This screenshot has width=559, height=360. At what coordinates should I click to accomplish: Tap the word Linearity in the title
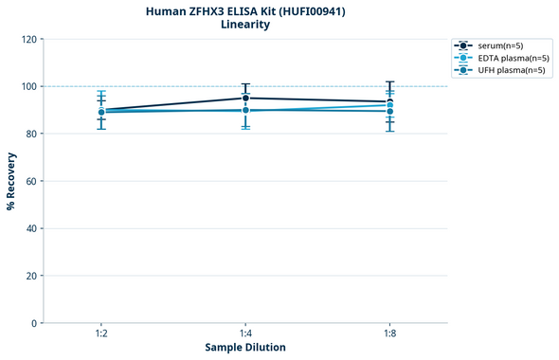pyautogui.click(x=245, y=25)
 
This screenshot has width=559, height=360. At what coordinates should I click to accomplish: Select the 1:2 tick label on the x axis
pyautogui.click(x=101, y=334)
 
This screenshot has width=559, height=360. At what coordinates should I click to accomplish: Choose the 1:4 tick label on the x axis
pyautogui.click(x=245, y=334)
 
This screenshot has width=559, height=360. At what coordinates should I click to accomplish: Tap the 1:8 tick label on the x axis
pyautogui.click(x=389, y=334)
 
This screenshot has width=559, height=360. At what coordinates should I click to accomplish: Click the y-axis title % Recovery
pyautogui.click(x=11, y=180)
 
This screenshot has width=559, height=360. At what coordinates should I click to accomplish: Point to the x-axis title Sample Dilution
pyautogui.click(x=245, y=348)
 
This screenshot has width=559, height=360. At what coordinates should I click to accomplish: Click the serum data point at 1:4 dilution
pyautogui.click(x=245, y=98)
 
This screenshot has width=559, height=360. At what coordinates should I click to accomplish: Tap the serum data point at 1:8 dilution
pyautogui.click(x=389, y=101)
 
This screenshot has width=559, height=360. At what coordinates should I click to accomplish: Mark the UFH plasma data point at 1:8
pyautogui.click(x=389, y=112)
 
